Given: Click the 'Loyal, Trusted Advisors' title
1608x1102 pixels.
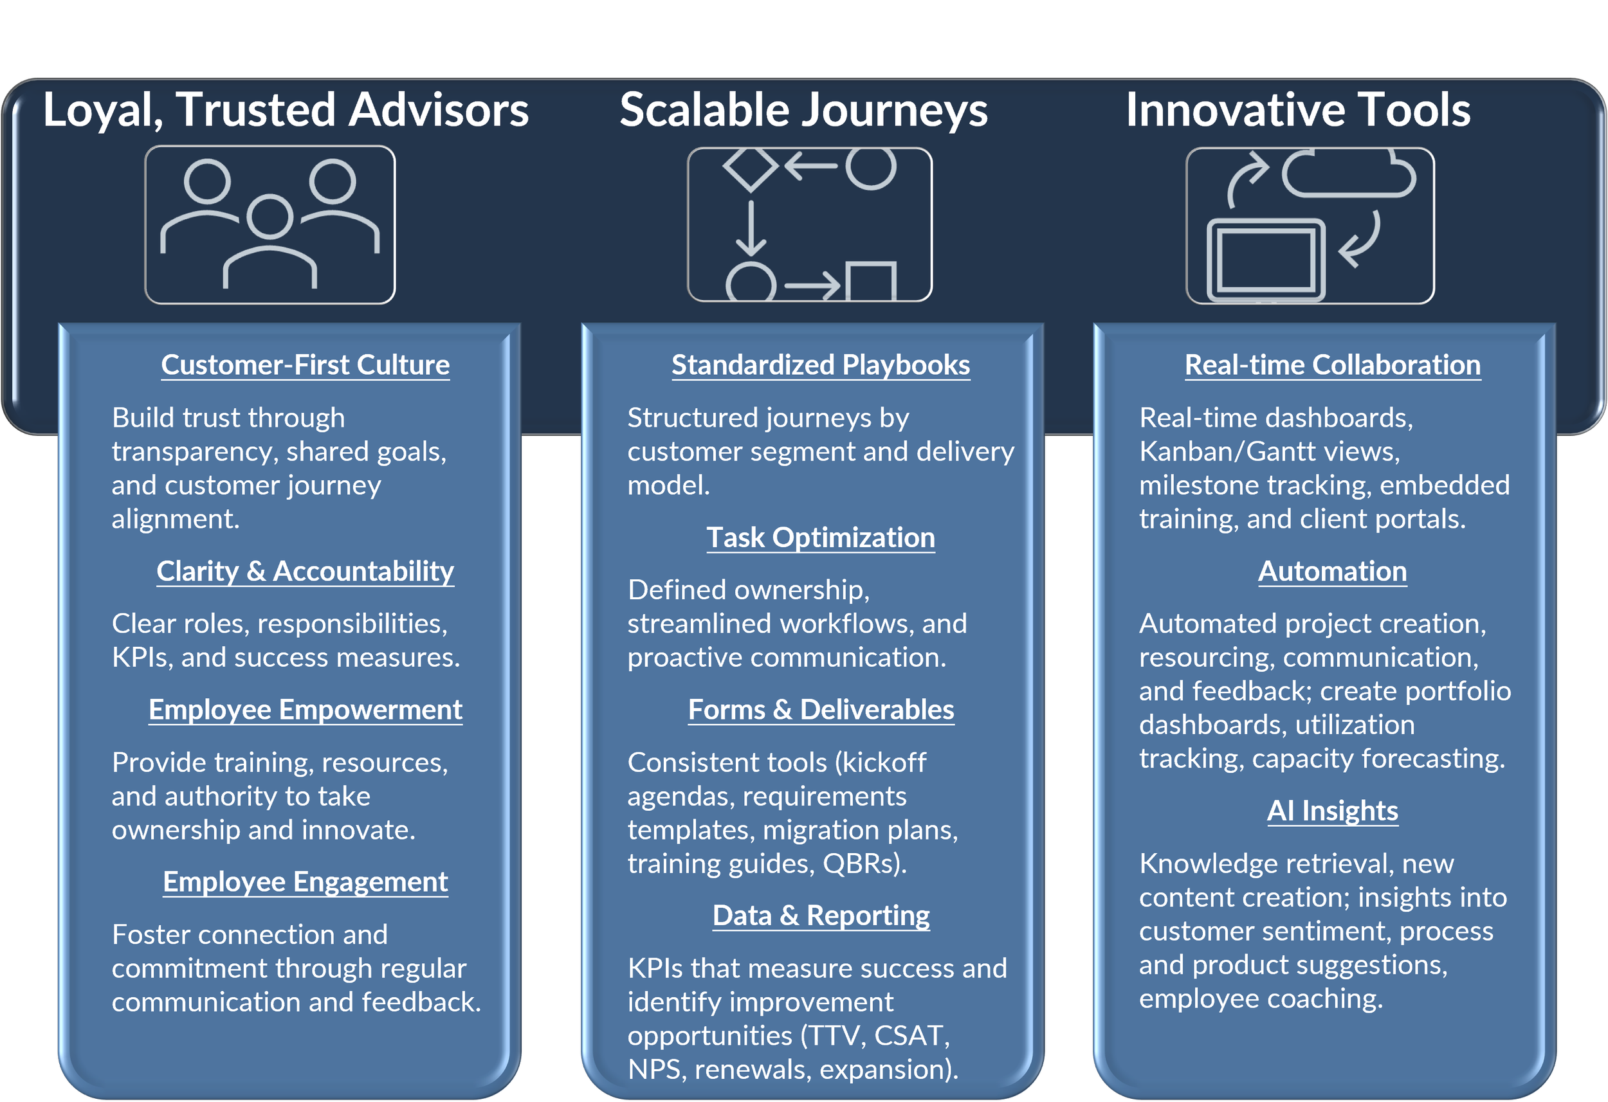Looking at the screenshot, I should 285,110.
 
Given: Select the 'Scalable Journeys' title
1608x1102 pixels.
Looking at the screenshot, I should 803,110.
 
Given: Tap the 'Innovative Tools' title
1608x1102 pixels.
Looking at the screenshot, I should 1298,110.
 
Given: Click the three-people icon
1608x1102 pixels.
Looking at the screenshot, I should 270,224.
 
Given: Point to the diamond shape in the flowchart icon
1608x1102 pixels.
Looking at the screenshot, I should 751,167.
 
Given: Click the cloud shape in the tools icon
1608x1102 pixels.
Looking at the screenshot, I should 1348,175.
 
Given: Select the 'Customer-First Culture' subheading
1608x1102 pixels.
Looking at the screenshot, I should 305,365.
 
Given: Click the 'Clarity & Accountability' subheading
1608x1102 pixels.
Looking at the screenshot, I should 305,571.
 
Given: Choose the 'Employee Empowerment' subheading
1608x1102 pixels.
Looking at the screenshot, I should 305,709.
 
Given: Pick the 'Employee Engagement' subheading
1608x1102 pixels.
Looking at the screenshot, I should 305,881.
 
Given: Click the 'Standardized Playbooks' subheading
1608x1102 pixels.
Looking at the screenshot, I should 821,365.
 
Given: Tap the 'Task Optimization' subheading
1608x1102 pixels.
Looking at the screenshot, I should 821,537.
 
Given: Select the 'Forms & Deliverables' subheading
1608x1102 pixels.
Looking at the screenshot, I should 821,709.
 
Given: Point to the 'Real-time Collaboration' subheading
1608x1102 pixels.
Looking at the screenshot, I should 1333,365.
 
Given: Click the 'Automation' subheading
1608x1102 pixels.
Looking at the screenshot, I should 1333,571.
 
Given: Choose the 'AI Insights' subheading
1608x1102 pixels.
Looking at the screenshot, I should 1333,810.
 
